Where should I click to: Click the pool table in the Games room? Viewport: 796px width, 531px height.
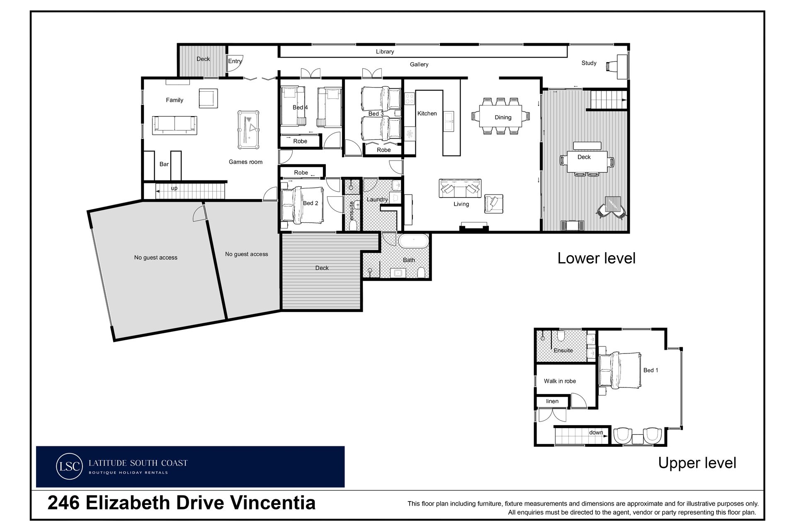(x=248, y=129)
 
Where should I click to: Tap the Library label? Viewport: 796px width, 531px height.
(x=385, y=51)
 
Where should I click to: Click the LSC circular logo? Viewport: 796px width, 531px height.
(x=69, y=466)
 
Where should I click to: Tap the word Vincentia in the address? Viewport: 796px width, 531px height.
(x=272, y=503)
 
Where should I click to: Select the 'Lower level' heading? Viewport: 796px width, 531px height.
(x=596, y=258)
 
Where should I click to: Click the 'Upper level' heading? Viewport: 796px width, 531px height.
(x=697, y=463)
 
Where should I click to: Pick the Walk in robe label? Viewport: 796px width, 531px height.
(x=560, y=381)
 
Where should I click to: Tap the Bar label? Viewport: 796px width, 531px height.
(x=164, y=164)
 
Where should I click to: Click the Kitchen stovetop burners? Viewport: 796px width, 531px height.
(x=410, y=98)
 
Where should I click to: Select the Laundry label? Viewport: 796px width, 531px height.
(x=377, y=199)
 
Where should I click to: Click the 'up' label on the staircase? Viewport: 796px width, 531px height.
(x=174, y=188)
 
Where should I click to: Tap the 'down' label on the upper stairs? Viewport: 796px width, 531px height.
(x=596, y=432)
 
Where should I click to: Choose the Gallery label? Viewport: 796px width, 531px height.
(x=419, y=64)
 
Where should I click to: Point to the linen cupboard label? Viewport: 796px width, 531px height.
(x=552, y=401)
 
